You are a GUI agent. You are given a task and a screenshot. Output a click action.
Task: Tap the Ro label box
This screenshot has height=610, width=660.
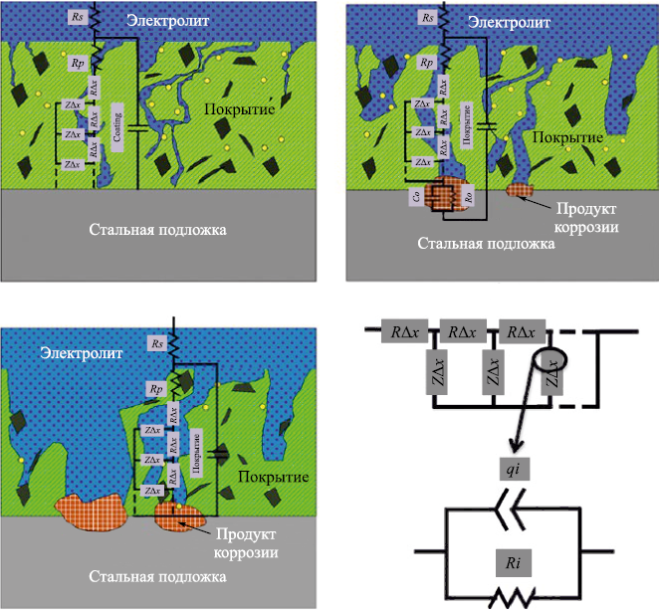[x=468, y=196]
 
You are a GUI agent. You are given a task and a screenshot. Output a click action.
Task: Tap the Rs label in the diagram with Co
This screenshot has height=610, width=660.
[x=428, y=17]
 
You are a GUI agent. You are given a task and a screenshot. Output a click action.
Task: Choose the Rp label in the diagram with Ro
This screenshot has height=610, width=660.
[x=428, y=63]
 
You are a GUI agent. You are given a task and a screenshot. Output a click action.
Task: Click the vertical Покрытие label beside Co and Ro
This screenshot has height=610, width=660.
[x=466, y=137]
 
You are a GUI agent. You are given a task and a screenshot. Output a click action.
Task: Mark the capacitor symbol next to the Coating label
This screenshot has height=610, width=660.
[x=138, y=129]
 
